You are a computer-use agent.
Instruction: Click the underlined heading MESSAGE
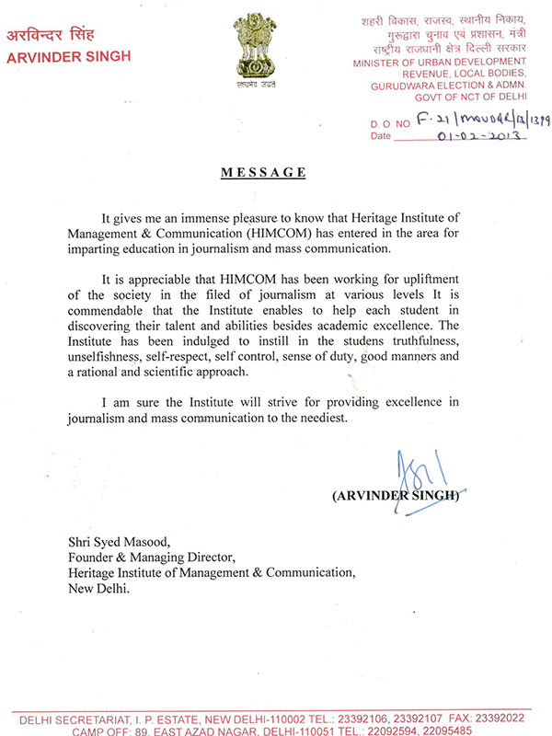[263, 172]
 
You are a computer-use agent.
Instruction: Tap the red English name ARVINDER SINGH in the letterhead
[69, 56]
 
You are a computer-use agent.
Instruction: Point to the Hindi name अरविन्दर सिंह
[56, 36]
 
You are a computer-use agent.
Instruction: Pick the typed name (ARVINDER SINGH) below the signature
[396, 495]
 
